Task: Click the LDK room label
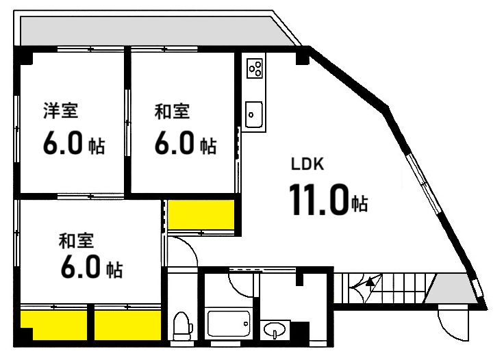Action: (x=302, y=164)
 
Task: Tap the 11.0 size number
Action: (x=318, y=200)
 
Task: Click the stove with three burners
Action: (x=255, y=68)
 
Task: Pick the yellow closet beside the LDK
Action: (x=201, y=216)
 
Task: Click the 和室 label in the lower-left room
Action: (x=75, y=240)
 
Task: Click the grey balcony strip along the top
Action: (x=151, y=30)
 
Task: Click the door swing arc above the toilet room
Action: (x=184, y=252)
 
